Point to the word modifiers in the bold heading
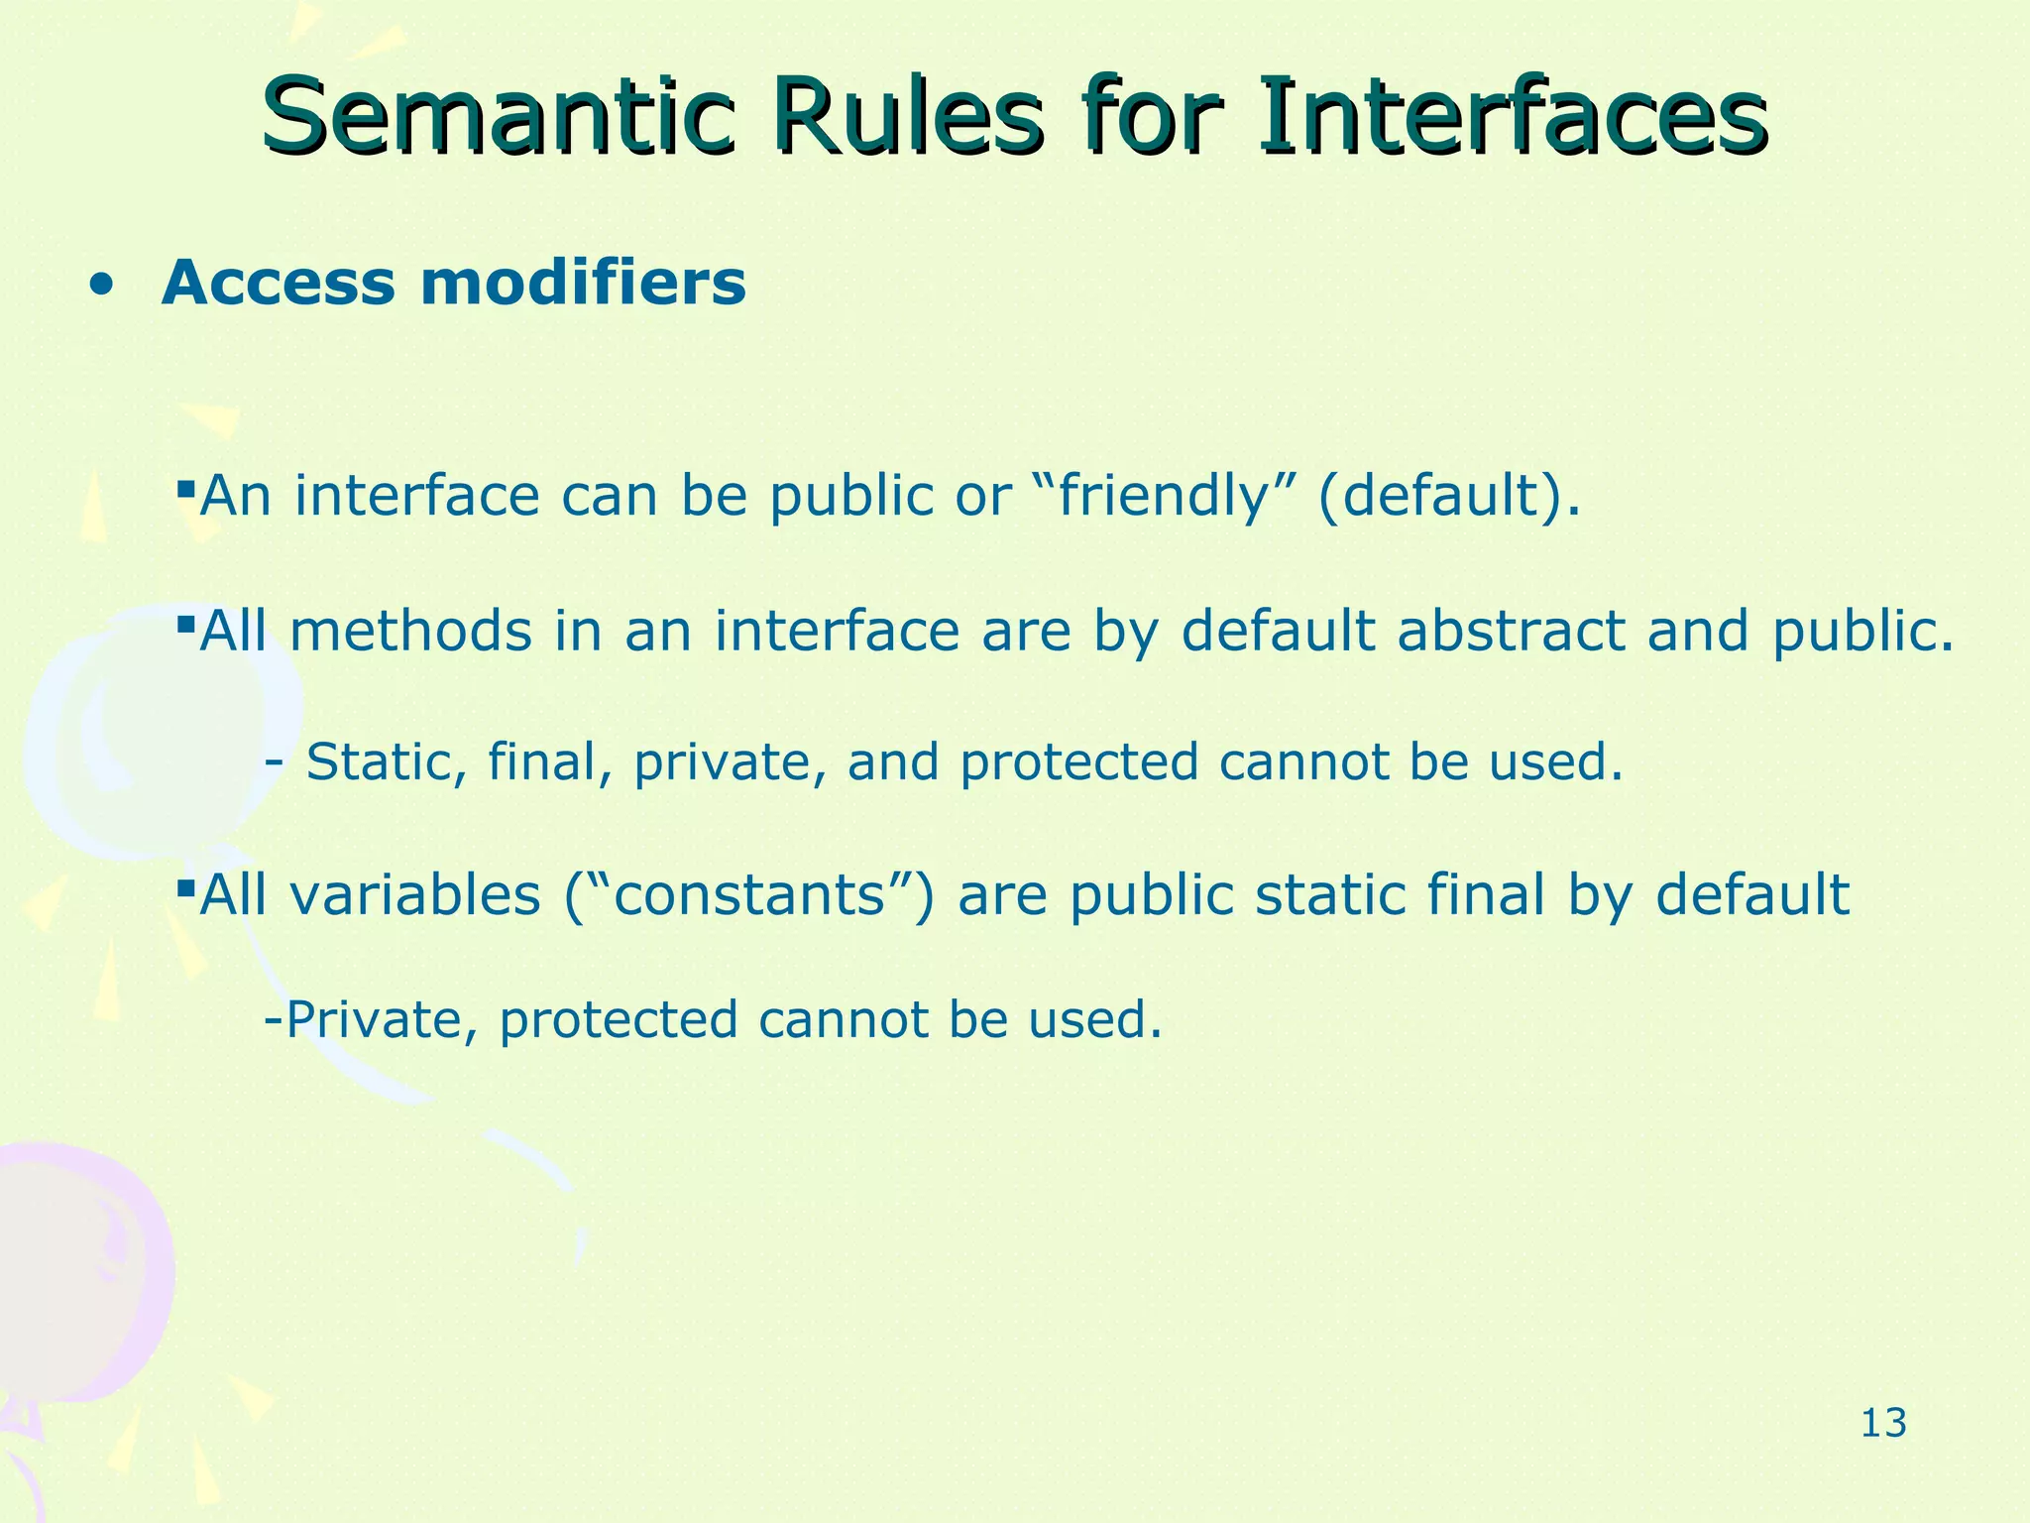coord(582,284)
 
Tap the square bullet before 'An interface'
coord(184,488)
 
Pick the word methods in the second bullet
coord(410,632)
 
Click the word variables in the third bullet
coord(415,895)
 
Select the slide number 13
coord(1883,1424)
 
